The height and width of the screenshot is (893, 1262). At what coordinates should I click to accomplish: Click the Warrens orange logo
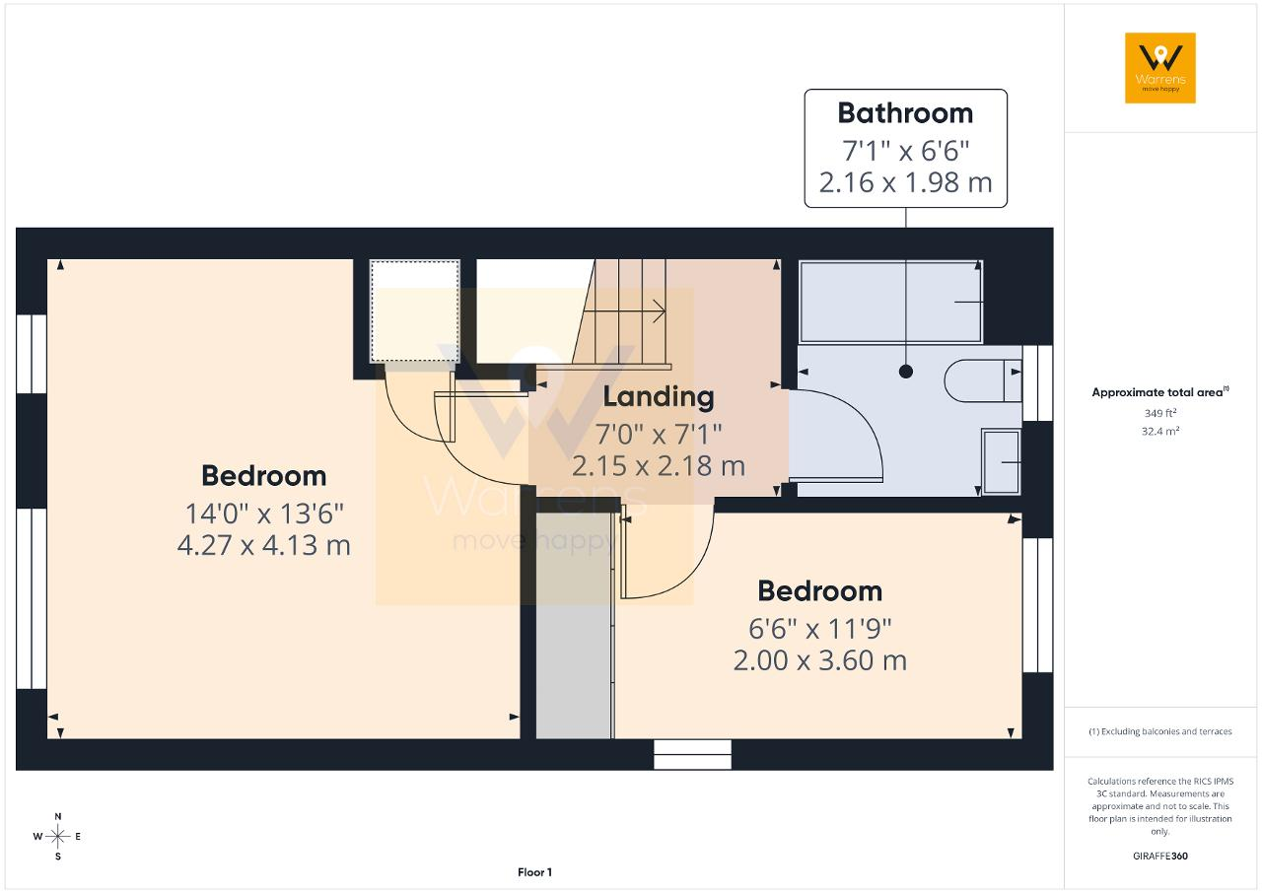(1160, 68)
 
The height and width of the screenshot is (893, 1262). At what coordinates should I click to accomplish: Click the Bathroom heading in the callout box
(905, 113)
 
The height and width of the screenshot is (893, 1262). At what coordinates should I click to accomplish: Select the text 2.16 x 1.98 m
(905, 182)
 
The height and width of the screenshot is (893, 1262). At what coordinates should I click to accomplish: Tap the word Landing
(659, 397)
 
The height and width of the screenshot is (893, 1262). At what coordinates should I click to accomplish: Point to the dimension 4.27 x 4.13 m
(263, 545)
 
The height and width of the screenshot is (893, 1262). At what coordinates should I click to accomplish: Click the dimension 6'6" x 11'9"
(819, 629)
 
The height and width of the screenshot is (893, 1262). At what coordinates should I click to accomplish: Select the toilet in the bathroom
(983, 380)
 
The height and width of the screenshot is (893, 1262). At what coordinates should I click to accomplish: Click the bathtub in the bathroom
(891, 302)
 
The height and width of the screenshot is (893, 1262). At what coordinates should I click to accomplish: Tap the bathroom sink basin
(1001, 461)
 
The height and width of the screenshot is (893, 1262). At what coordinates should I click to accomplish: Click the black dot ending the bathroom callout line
(906, 372)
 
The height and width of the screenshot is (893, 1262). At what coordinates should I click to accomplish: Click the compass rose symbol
(57, 836)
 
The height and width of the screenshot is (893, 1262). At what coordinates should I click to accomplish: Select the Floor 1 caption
(534, 872)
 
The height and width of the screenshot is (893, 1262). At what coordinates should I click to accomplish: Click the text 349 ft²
(1160, 413)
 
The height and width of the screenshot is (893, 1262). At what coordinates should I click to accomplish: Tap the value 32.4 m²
(1160, 431)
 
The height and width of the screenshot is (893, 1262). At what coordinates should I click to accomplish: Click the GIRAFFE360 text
(1160, 856)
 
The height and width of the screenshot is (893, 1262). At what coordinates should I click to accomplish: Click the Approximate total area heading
(1160, 392)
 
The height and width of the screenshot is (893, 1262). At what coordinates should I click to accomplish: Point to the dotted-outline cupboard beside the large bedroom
(415, 311)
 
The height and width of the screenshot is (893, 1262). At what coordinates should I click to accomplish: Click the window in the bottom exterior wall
(692, 754)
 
